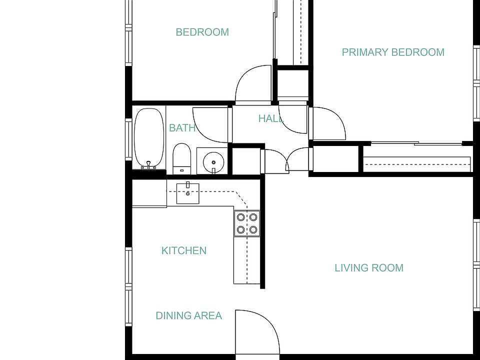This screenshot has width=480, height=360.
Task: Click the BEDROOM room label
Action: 202,32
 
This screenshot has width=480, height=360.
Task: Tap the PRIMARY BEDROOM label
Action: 393,52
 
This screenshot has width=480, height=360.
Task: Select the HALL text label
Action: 271,118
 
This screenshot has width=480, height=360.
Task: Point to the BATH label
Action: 182,127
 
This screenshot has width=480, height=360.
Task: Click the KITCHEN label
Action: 184,250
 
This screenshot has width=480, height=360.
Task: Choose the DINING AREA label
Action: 189,315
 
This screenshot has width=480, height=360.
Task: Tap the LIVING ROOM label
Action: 369,268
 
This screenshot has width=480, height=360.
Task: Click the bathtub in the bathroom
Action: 149,138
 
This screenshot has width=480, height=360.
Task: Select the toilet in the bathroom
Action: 182,158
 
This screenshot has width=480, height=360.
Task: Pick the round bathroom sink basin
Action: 213,162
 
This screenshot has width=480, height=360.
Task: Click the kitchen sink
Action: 187,193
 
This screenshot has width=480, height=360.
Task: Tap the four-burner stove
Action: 247,223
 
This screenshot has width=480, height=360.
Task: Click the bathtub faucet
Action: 148,165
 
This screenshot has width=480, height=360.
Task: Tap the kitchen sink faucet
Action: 188,184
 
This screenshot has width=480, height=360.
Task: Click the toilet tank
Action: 182,170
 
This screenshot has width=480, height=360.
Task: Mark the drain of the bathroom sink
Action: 213,162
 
